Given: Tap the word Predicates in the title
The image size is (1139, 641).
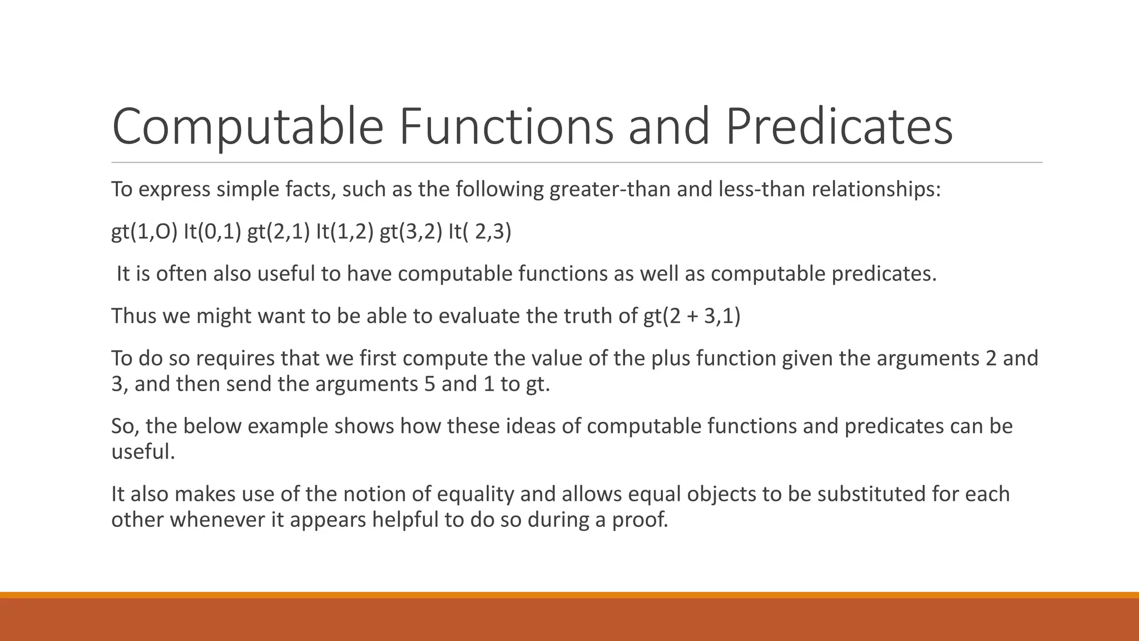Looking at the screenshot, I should click(839, 127).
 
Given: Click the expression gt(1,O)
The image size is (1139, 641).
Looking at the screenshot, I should click(144, 231).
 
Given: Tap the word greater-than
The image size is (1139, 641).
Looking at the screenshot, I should click(610, 190).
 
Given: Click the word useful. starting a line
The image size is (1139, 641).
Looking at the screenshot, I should click(143, 451).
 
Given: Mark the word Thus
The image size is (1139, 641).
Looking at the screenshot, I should click(134, 316).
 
